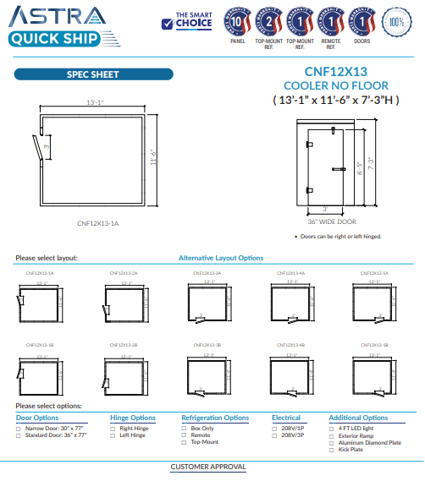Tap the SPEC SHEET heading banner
[92, 74]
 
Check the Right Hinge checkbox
[113, 428]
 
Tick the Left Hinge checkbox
[113, 435]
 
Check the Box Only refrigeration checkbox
[184, 428]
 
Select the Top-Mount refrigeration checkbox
[184, 441]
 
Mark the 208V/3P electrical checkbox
[275, 435]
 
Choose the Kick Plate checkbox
[332, 448]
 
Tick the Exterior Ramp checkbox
[332, 435]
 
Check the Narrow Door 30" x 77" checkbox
[19, 428]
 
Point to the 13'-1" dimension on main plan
[95, 101]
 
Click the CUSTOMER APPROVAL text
[208, 467]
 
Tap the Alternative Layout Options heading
[220, 258]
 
